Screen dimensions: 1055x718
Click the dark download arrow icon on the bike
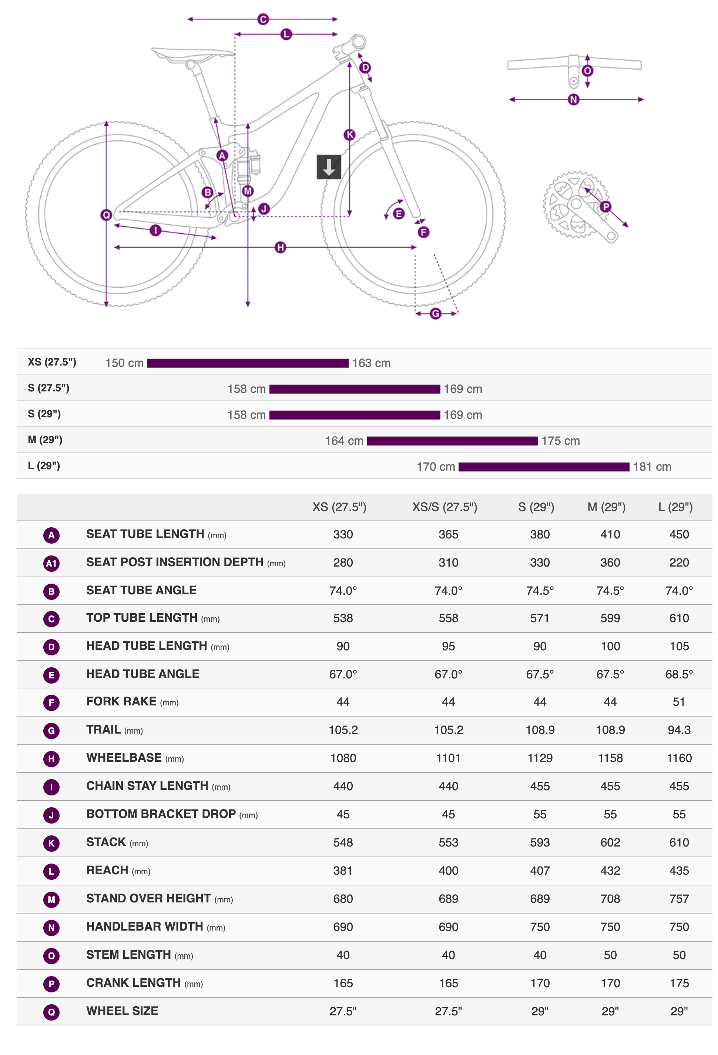(x=329, y=167)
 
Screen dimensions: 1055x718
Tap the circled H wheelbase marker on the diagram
(x=280, y=247)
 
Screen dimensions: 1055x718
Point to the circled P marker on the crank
(x=605, y=207)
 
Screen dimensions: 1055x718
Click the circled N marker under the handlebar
(x=573, y=99)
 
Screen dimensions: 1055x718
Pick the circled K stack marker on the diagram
(x=349, y=135)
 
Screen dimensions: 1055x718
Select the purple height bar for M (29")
(x=452, y=441)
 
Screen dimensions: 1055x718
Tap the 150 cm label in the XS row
(x=124, y=363)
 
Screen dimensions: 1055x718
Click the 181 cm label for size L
(x=652, y=467)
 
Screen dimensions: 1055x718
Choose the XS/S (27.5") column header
(x=444, y=507)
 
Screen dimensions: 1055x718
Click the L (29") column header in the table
(x=675, y=507)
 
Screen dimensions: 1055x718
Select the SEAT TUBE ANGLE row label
(x=141, y=590)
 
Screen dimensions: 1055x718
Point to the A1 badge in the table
(x=51, y=563)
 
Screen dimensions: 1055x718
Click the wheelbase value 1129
(x=540, y=758)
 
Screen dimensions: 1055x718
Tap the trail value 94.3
(x=679, y=730)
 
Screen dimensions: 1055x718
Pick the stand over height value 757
(x=679, y=899)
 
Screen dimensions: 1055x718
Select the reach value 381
(x=343, y=871)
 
